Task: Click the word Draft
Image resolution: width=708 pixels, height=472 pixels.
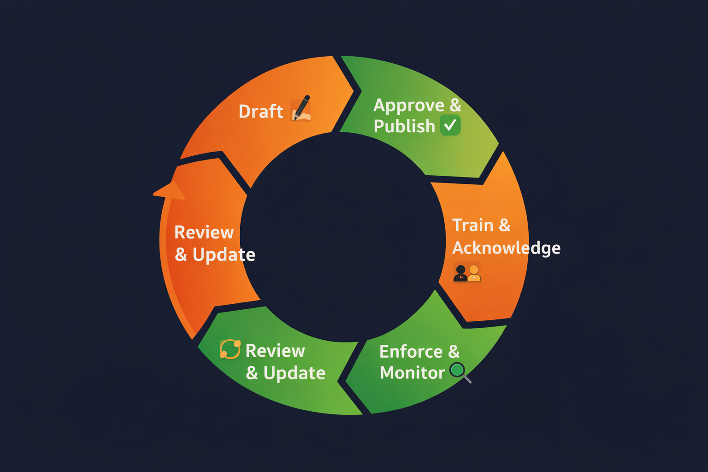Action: [x=260, y=112]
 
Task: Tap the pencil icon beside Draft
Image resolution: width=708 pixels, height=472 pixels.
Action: [x=301, y=109]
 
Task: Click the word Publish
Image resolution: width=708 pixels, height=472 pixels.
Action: [x=404, y=126]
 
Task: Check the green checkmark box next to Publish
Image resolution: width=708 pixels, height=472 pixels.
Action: [x=450, y=125]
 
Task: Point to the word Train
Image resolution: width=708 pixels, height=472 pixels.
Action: [x=473, y=225]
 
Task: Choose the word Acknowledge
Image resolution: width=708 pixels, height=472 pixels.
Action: [x=506, y=248]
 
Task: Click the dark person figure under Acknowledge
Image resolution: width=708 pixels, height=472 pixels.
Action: [x=460, y=273]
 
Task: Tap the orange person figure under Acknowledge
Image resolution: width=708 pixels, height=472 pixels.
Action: [x=474, y=273]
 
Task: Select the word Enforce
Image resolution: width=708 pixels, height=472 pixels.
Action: [x=411, y=352]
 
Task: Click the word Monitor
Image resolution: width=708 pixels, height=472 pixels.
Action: [x=412, y=372]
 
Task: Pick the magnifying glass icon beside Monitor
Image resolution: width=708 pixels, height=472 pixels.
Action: [x=460, y=372]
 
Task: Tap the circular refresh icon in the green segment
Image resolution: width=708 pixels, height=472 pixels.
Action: [x=230, y=349]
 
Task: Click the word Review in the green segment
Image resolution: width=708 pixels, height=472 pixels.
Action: [x=275, y=351]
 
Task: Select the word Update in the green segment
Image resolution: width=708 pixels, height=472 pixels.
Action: [x=294, y=373]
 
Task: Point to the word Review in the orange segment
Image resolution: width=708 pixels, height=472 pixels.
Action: [x=204, y=232]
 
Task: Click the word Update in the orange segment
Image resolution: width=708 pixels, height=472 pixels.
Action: [x=224, y=254]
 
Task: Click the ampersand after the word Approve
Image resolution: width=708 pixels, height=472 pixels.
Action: [x=455, y=105]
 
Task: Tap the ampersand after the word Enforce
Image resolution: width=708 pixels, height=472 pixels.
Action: [x=454, y=352]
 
